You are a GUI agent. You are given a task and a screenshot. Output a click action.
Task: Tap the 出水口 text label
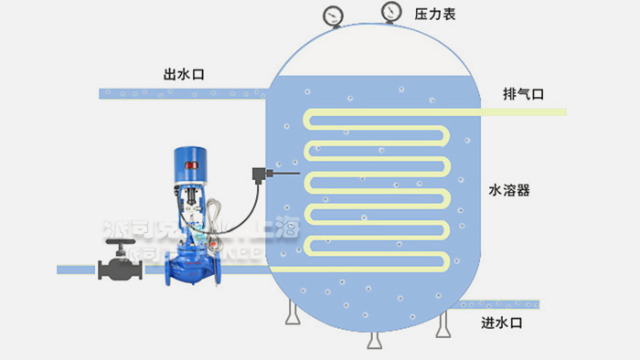coord(181,75)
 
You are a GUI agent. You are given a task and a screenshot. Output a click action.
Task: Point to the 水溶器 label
coord(510,191)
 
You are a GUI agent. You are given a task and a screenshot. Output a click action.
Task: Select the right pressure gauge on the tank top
coord(391,12)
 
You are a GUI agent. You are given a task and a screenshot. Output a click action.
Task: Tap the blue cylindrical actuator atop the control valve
coord(194,160)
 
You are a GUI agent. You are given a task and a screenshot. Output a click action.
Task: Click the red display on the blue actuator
coord(194,165)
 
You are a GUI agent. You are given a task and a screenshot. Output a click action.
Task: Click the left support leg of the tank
coord(291,314)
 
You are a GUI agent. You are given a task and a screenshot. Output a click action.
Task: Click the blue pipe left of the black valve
coord(77,270)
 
